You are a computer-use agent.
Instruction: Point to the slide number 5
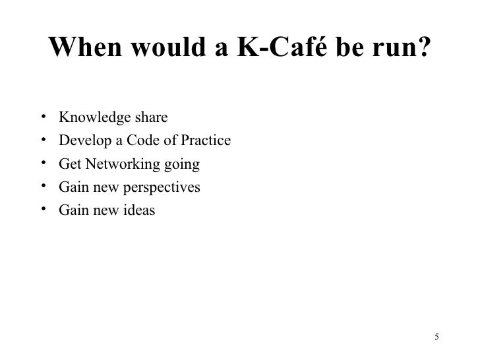tap(436, 339)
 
